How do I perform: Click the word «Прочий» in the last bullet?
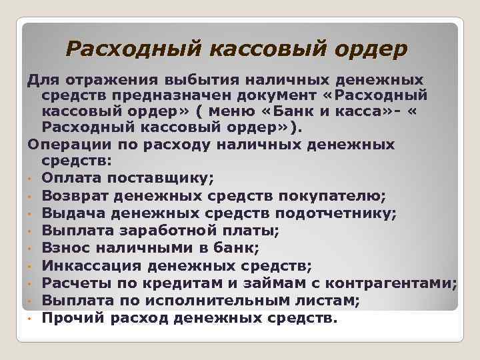[71, 318]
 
